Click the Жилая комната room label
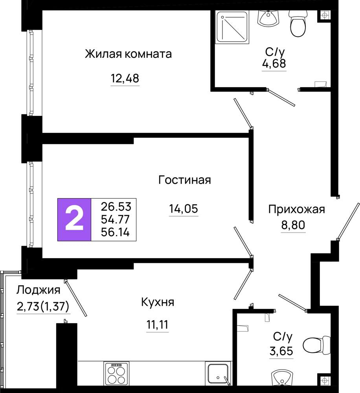pos(128,54)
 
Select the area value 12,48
pos(125,79)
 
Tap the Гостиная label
pos(184,180)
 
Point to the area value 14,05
pos(184,209)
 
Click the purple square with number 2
pos(74,220)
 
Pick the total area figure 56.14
pos(115,232)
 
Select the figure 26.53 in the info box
pos(116,207)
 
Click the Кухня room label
pos(158,302)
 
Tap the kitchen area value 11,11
pos(158,325)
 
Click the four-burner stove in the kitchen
pos(116,373)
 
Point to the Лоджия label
pos(39,290)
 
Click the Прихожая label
pos(297,209)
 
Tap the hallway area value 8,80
pos(293,225)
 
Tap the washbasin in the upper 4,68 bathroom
pos(268,18)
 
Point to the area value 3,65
pos(281,351)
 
